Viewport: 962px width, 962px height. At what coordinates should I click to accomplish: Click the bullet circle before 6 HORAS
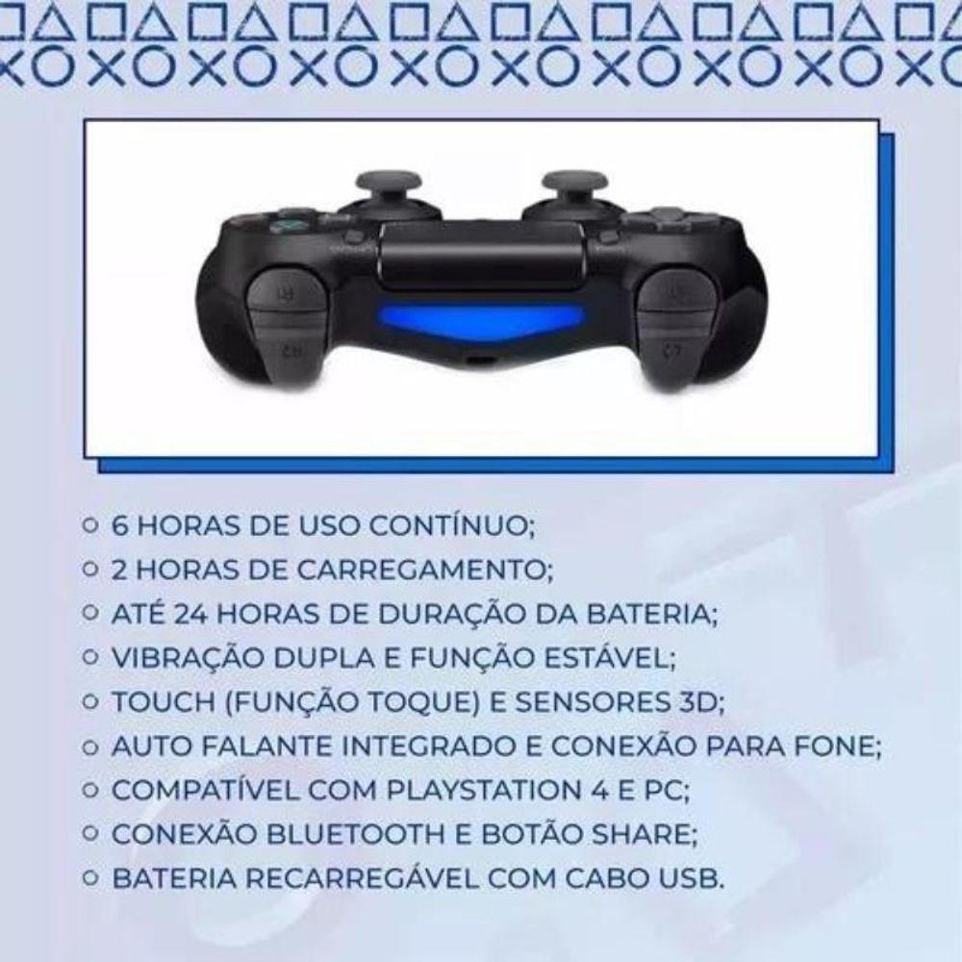(x=89, y=527)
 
